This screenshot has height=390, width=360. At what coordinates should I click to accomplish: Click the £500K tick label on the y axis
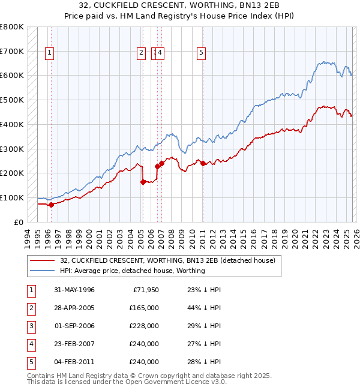[12, 100]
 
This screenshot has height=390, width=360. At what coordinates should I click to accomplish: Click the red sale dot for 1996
[51, 204]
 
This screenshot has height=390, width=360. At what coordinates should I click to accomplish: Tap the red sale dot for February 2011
[203, 163]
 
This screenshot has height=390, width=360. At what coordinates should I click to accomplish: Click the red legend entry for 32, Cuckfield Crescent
[167, 260]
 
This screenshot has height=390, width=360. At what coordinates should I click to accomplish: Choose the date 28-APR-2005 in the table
[74, 308]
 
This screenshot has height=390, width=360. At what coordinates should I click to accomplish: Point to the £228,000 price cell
[143, 326]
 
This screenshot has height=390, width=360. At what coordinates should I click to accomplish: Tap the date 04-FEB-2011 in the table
[74, 362]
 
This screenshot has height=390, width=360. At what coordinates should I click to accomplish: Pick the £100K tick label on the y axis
[12, 197]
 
